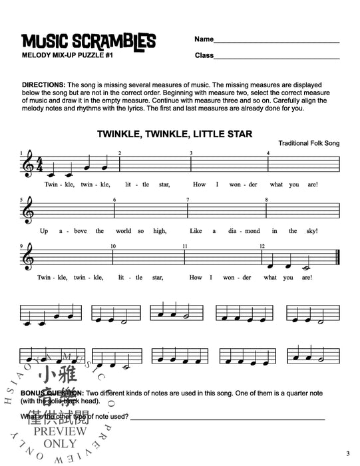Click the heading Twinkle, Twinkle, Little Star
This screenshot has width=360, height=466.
tap(174, 134)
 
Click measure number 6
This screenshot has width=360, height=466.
tap(114, 200)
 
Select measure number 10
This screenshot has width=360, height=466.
tap(114, 246)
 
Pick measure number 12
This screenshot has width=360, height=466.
tap(262, 246)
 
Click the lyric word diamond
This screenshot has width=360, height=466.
tap(234, 231)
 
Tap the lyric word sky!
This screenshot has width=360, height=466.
tap(313, 231)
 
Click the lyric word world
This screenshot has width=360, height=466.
tap(130, 231)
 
